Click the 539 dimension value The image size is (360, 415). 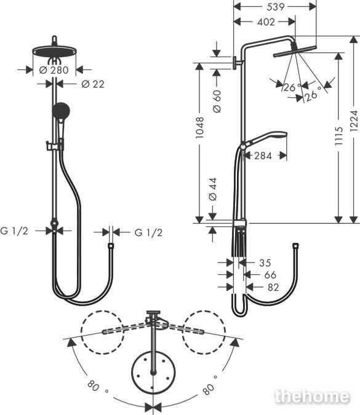point(275,7)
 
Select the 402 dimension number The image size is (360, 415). point(266,22)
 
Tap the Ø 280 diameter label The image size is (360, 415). point(54,70)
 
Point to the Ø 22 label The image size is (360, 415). point(93,84)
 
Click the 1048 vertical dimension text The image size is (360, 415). point(200,127)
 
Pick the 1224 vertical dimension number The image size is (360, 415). point(354,121)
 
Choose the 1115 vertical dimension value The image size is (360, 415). point(338,135)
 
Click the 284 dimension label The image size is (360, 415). point(263,156)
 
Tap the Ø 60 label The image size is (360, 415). point(217,101)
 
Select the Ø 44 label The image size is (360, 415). point(213,189)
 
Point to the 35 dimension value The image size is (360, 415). point(265,263)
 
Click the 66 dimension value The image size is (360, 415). point(270,275)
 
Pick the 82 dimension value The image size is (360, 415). point(273,287)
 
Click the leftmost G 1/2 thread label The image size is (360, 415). point(14,231)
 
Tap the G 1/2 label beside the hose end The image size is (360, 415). point(148,232)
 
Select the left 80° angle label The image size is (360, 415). point(97,387)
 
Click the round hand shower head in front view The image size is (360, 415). point(61,111)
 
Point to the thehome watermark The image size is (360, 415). point(312,397)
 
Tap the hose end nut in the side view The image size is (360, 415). point(295,246)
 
